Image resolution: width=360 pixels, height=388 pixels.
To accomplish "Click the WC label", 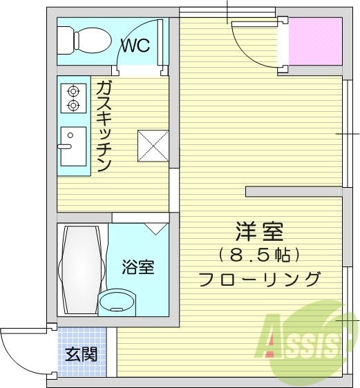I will pos(136,46).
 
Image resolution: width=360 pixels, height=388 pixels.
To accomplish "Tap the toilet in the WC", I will pos(83,40).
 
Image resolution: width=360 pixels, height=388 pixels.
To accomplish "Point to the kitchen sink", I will pos(73,146).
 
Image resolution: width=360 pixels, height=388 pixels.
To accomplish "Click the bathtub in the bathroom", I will pos(81,269).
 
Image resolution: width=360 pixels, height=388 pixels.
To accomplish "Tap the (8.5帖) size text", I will pos(259,255).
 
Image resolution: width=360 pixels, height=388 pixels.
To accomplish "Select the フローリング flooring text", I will pos(259,280).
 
